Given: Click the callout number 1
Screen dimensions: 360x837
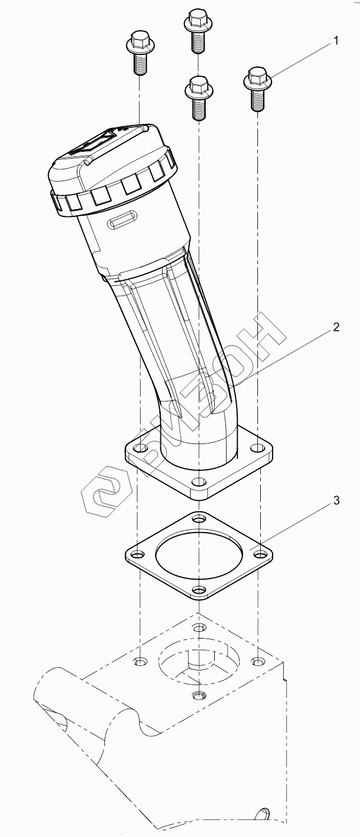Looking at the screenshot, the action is (336, 41).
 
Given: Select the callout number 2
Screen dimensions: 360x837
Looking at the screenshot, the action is (336, 327).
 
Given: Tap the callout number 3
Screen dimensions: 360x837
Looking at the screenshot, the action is (336, 500).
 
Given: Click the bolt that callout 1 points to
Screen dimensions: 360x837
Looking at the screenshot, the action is (257, 89).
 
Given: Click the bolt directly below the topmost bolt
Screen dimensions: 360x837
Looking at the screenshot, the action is (198, 98).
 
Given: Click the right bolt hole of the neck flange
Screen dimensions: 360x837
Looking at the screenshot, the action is (256, 447).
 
